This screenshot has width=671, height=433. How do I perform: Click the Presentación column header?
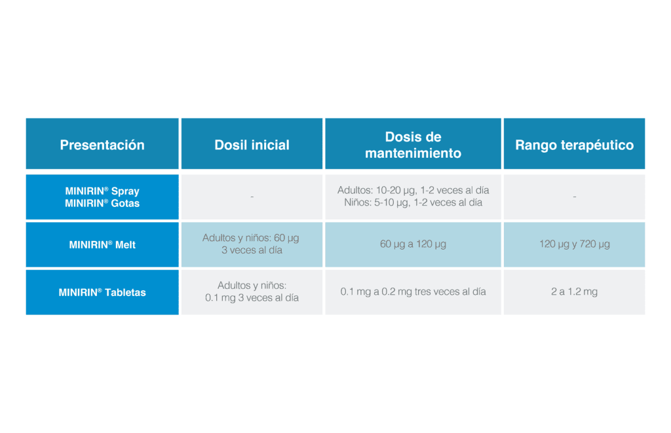[x=102, y=143]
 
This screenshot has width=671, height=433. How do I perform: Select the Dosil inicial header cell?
[x=252, y=143]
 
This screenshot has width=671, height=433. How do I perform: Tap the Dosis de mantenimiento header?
[x=413, y=143]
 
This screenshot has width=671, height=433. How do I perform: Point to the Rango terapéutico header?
[x=574, y=143]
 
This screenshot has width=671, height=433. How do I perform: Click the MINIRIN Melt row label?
[x=102, y=245]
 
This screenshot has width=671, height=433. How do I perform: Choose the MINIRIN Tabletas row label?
[x=102, y=292]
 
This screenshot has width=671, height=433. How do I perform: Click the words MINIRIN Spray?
[x=102, y=191]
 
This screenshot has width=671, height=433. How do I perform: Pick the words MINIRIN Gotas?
[x=102, y=203]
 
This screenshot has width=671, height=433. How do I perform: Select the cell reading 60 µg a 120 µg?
[x=413, y=244]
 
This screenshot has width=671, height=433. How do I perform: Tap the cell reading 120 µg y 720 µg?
[x=574, y=244]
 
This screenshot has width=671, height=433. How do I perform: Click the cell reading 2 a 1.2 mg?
[x=574, y=292]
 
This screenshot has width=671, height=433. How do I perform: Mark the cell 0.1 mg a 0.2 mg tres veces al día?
[x=413, y=292]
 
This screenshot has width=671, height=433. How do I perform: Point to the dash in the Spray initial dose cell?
[x=252, y=197]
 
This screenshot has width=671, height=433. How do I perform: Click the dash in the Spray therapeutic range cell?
[x=574, y=197]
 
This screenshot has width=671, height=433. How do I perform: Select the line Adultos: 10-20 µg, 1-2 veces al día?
[x=413, y=191]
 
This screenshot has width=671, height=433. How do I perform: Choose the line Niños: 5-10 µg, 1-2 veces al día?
[x=413, y=202]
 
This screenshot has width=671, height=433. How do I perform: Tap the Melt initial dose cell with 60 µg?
[x=252, y=244]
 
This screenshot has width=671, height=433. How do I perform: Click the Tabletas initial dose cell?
[x=252, y=292]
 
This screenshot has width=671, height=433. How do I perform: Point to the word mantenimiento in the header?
[x=413, y=153]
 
